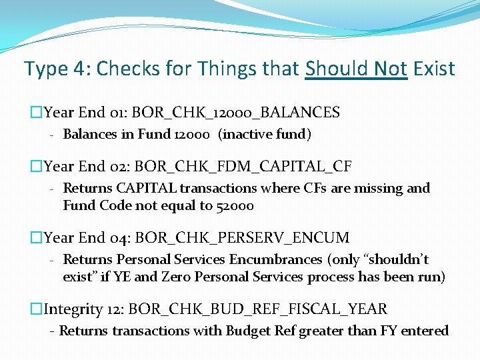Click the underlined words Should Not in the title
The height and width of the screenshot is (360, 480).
356,69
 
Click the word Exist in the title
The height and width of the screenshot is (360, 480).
434,69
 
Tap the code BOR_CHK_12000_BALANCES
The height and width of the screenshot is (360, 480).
236,112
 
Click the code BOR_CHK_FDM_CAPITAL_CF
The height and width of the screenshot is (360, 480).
242,166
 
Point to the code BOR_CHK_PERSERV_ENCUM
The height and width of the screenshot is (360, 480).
241,237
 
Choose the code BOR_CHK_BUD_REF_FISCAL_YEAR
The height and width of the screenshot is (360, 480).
257,309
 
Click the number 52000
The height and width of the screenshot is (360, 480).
234,205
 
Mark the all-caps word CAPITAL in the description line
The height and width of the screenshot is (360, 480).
143,188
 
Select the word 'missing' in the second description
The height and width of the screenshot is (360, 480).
380,188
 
